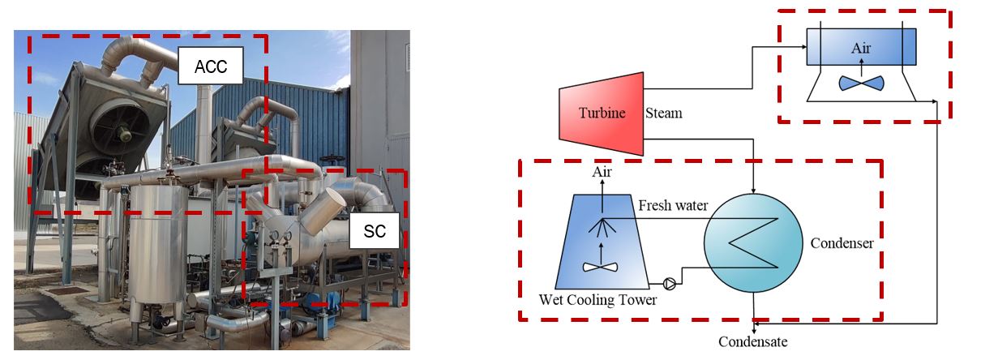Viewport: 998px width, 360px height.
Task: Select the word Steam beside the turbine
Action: (663, 113)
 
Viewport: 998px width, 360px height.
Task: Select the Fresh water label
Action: (673, 206)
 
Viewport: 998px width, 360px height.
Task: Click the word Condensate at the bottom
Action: (752, 341)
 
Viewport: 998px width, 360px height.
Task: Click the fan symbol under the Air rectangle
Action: (861, 84)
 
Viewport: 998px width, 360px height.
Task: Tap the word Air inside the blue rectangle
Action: (860, 48)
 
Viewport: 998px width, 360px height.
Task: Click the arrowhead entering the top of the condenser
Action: (754, 188)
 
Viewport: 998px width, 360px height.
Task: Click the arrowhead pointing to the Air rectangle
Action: (803, 47)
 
